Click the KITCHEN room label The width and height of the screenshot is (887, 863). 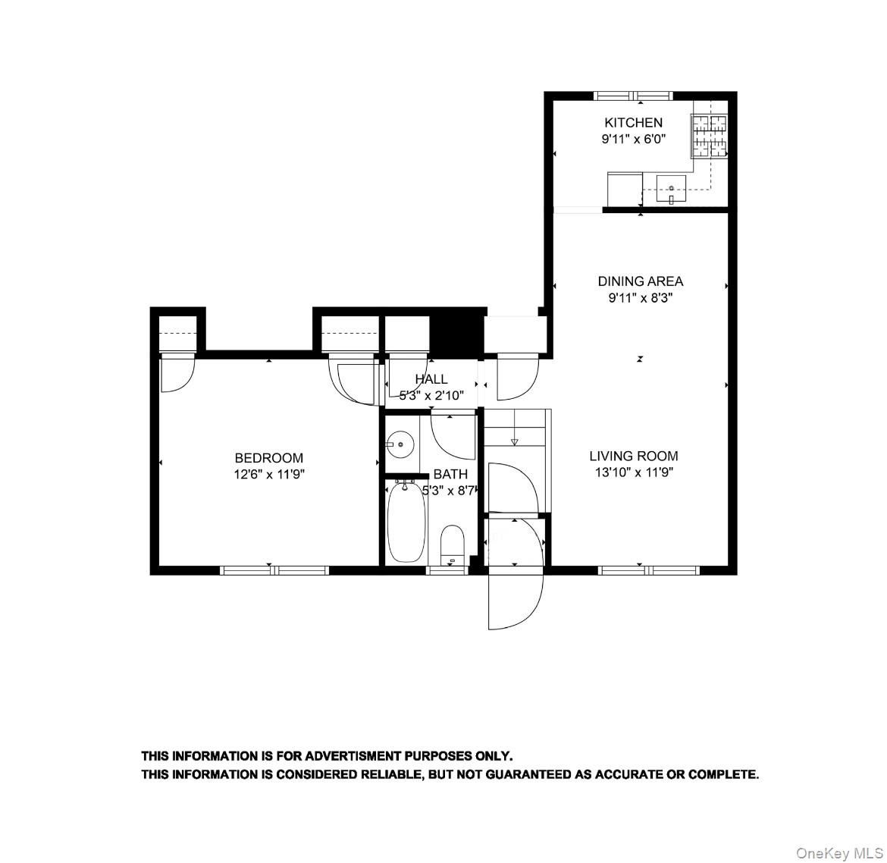[x=633, y=122]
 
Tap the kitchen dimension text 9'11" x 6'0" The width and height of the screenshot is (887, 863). [x=633, y=140]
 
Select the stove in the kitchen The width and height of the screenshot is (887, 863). [x=710, y=136]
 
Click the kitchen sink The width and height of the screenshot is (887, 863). [x=671, y=188]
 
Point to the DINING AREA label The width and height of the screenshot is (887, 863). [x=640, y=281]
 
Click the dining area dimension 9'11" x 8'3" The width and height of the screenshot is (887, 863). [x=640, y=298]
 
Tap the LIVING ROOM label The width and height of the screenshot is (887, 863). [x=634, y=456]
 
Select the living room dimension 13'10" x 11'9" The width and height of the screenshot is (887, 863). [x=634, y=472]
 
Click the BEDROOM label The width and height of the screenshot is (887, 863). [x=268, y=458]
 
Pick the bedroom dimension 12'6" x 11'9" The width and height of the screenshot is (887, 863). [x=268, y=475]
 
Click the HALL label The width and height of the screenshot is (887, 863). [x=431, y=379]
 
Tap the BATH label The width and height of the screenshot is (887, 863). [x=450, y=474]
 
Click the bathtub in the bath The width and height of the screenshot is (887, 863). [x=406, y=522]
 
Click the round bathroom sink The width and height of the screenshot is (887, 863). [x=398, y=444]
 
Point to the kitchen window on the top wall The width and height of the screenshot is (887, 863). [x=633, y=96]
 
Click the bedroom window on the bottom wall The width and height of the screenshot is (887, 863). [x=274, y=570]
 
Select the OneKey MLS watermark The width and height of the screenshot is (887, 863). [x=839, y=853]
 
